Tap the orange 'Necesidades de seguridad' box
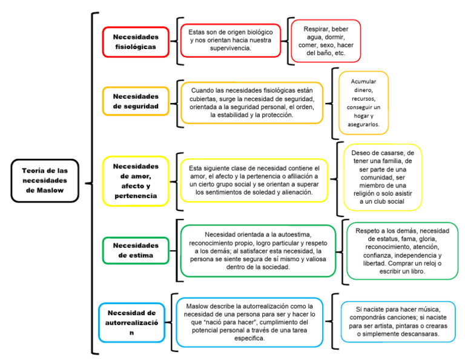[135, 101]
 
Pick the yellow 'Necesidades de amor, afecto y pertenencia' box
[135, 181]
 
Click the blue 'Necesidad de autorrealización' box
[131, 322]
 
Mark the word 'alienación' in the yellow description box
[292, 192]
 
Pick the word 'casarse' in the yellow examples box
[392, 152]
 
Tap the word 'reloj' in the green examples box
[419, 264]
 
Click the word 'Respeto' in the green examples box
[369, 231]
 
